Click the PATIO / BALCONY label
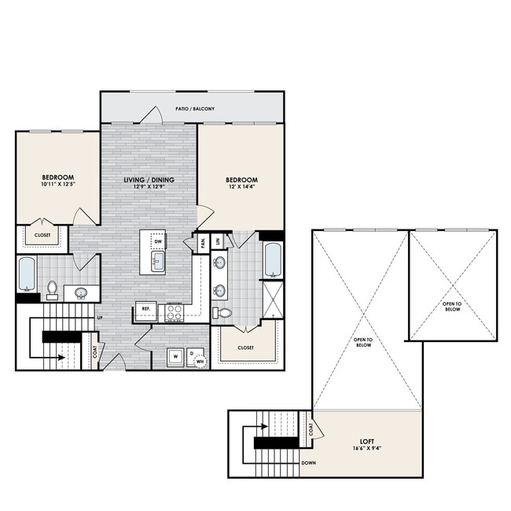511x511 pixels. [x=195, y=108]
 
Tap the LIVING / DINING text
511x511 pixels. [x=149, y=180]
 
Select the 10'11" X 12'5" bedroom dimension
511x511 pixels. [x=57, y=186]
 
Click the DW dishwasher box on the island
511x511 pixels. [x=159, y=242]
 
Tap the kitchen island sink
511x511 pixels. [x=156, y=262]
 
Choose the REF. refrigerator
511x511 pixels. [x=145, y=309]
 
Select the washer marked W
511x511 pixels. [x=175, y=355]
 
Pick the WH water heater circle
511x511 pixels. [x=201, y=362]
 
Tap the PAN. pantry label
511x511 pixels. [x=203, y=243]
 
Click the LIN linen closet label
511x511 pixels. [x=218, y=241]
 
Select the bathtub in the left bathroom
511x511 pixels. [x=27, y=274]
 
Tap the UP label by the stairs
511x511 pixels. [x=99, y=318]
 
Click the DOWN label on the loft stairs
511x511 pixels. [x=309, y=463]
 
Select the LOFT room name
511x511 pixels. [x=367, y=441]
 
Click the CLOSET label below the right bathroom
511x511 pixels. [x=245, y=347]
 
